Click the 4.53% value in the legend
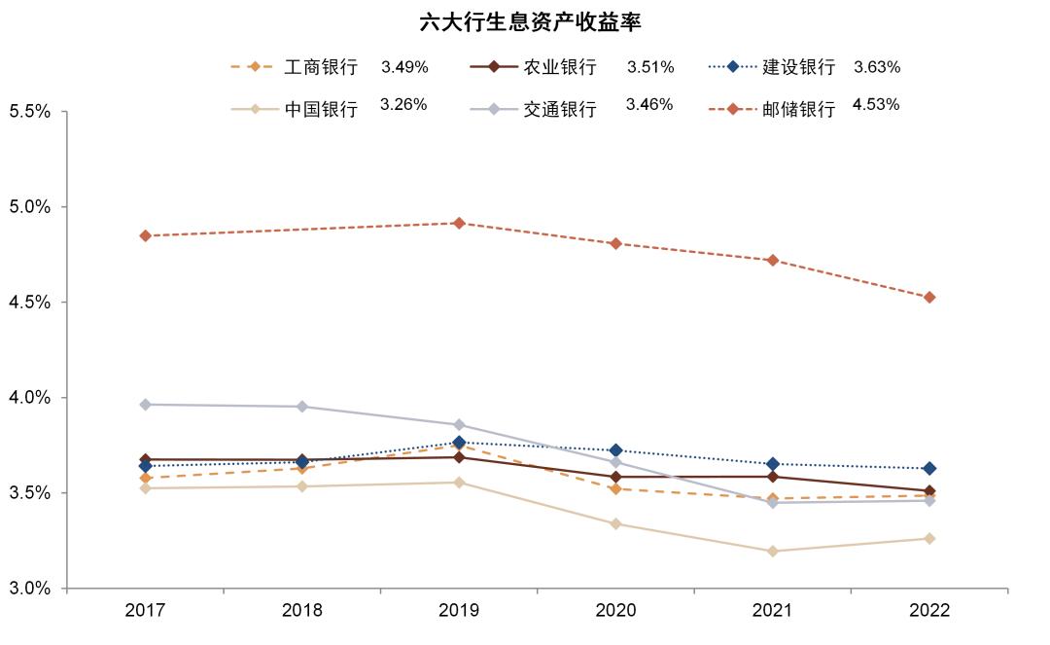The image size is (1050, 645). click(876, 105)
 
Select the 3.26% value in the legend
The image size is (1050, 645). click(403, 105)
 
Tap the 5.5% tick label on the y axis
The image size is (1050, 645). click(29, 112)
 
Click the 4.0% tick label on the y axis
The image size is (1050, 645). click(29, 398)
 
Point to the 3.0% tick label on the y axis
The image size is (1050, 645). click(29, 589)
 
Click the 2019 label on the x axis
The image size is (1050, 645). click(458, 611)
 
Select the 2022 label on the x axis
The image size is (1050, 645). click(928, 611)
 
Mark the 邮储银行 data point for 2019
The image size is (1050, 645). click(459, 223)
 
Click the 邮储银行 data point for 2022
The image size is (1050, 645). click(929, 297)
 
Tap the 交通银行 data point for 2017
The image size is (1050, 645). click(145, 405)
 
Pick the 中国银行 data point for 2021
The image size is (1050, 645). click(772, 551)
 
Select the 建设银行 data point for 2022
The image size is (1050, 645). click(929, 468)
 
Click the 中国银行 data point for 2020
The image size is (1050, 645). click(615, 523)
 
